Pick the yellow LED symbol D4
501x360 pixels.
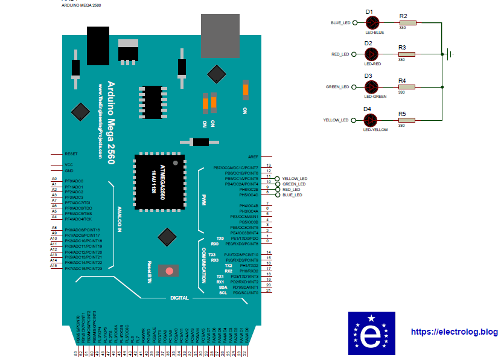pos(370,120)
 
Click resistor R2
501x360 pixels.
pos(407,23)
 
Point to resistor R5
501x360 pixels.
pos(407,120)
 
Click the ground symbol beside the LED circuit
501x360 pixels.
pos(449,54)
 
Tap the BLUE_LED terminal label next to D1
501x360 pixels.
pos(340,23)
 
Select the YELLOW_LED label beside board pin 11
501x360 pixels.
pos(295,179)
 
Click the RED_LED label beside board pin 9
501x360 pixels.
pos(291,190)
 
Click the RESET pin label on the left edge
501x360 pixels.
pos(71,154)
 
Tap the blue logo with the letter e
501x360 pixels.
pos(371,333)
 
